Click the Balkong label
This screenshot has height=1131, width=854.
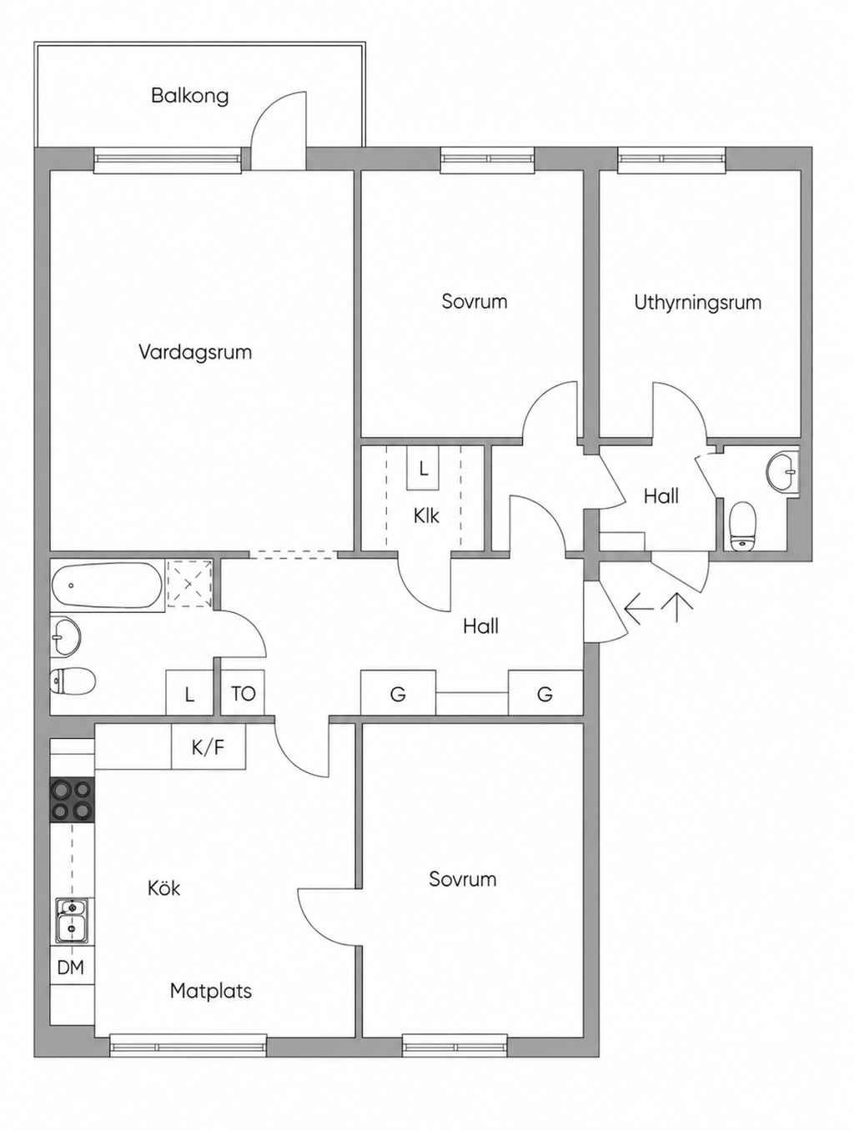click(x=189, y=97)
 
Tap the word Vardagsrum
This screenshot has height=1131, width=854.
click(x=195, y=353)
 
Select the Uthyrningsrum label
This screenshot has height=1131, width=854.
click(x=698, y=303)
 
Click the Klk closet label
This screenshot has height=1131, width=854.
click(x=426, y=515)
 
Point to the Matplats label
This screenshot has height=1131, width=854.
click(x=211, y=991)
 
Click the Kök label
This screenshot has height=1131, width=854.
click(x=164, y=889)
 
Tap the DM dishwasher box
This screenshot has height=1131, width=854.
click(x=72, y=968)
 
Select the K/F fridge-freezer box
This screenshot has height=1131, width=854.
click(x=208, y=746)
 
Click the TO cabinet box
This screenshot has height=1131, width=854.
click(x=244, y=693)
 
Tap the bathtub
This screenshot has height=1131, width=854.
click(x=108, y=586)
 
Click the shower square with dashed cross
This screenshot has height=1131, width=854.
click(x=189, y=585)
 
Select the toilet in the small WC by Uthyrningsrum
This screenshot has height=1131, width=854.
click(x=743, y=526)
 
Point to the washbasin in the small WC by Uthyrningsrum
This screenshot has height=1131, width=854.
click(x=782, y=470)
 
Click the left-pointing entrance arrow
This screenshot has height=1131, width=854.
click(x=639, y=609)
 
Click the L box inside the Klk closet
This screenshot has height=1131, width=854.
click(x=423, y=468)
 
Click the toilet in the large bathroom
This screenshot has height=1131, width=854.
click(x=73, y=681)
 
